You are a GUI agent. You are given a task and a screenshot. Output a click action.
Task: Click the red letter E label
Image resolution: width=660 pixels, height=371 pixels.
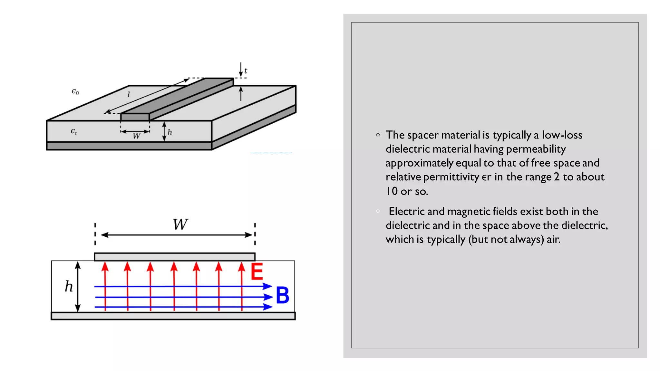click(x=257, y=271)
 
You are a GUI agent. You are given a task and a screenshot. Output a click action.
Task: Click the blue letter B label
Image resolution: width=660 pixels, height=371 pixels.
click(x=283, y=295)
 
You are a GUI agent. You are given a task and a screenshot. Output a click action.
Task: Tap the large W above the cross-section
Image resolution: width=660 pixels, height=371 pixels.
click(x=180, y=224)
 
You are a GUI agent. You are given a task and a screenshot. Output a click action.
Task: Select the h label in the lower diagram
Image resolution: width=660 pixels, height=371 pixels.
click(x=69, y=286)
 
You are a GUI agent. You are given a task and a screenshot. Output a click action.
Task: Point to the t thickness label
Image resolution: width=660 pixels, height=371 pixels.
click(x=246, y=71)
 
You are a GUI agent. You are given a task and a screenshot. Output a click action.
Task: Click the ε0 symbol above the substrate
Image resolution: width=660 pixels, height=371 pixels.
click(x=75, y=92)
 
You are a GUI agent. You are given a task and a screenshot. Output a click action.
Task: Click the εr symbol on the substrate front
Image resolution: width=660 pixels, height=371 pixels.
click(x=74, y=131)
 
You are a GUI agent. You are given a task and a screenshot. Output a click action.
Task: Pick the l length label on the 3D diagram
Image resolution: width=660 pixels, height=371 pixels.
click(x=129, y=94)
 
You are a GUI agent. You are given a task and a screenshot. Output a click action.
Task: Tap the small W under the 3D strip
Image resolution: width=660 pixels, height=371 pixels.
click(x=137, y=136)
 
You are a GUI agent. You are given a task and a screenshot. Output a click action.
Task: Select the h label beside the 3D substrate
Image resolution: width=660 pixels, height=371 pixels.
click(x=170, y=132)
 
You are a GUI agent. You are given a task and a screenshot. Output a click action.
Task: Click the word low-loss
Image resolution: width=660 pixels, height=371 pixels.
click(x=562, y=135)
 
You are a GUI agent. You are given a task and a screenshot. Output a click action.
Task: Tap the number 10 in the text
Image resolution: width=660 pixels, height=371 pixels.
click(x=392, y=191)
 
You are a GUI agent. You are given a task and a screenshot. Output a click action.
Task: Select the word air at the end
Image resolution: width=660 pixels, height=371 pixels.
click(x=553, y=239)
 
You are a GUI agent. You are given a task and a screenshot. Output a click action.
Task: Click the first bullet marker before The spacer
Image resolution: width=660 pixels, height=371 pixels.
click(x=378, y=135)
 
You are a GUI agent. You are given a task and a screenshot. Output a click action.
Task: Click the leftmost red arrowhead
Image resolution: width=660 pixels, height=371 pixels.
click(x=105, y=266)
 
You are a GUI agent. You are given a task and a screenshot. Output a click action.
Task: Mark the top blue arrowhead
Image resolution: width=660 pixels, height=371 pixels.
click(x=267, y=286)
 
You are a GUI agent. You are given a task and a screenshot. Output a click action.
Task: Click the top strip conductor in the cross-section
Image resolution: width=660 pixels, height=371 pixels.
click(x=175, y=257)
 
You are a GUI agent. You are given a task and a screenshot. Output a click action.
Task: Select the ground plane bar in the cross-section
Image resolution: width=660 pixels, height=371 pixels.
click(x=173, y=316)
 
